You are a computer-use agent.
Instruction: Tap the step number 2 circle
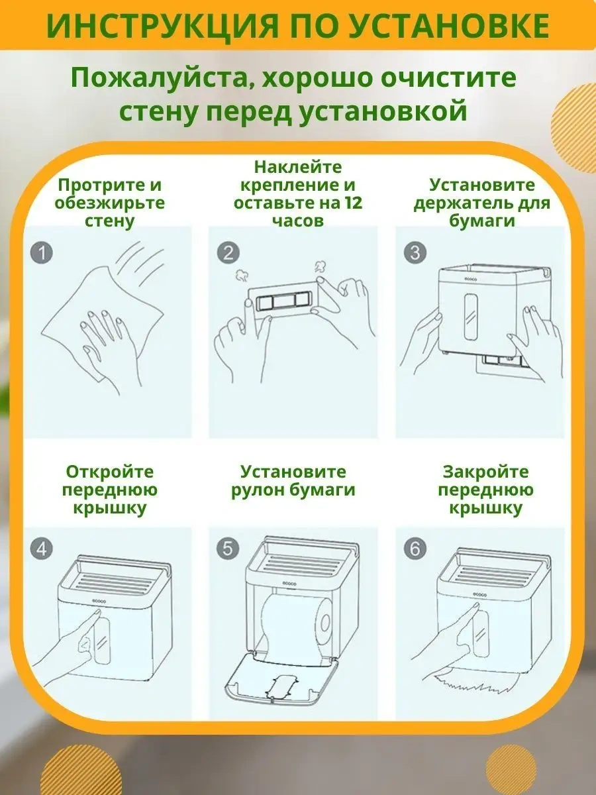229,252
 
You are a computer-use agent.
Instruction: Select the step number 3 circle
415,252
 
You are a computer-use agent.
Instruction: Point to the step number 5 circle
229,549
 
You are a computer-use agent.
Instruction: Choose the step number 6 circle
415,549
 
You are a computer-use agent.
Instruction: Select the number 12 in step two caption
351,202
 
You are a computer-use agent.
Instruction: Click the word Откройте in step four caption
109,472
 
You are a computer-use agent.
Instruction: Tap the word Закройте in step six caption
485,472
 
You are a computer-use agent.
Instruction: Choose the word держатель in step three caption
457,203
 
